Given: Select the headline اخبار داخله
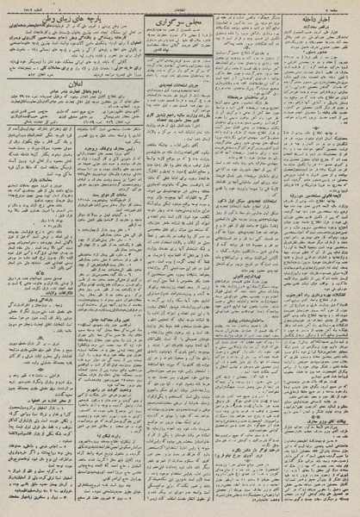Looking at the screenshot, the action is [x=315, y=20].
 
